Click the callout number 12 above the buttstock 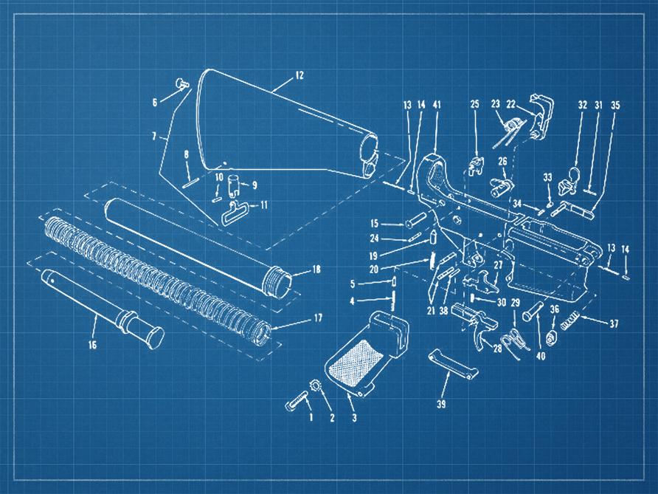coord(299,75)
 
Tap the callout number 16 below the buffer coord(91,344)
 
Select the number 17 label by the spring coord(318,320)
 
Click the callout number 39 coord(441,404)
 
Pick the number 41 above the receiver coord(437,105)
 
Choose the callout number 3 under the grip coord(354,418)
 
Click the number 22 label coord(510,105)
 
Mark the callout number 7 coord(154,137)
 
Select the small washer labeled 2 coord(315,385)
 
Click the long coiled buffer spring coord(155,272)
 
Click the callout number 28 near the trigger coord(498,348)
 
